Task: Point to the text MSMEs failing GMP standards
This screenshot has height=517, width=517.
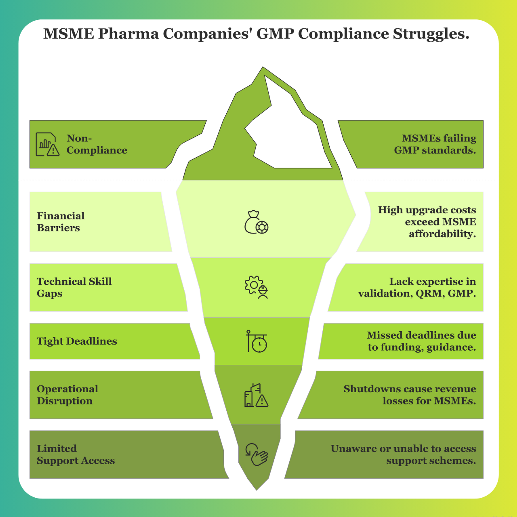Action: tap(435, 144)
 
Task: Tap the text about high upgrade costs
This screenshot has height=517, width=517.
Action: tap(427, 222)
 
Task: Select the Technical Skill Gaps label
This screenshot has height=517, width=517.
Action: tap(74, 287)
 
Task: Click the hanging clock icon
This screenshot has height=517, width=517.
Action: tap(257, 341)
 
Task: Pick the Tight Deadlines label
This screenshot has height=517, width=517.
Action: tap(77, 341)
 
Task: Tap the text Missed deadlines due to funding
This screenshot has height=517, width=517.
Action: tap(421, 341)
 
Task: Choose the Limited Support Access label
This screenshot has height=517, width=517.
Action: tap(76, 455)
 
